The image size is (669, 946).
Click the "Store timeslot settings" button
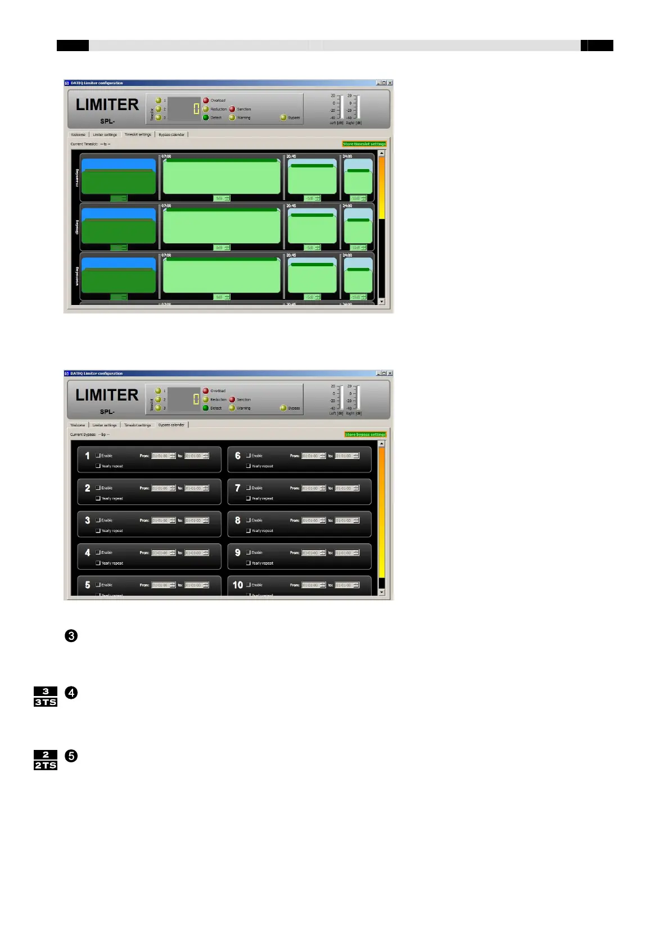coord(364,144)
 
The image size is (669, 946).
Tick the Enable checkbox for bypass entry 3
coord(98,520)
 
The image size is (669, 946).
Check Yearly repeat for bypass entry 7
coord(248,498)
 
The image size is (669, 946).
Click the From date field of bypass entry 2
coord(160,488)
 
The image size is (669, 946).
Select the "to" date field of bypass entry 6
coord(343,456)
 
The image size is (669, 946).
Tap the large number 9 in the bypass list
coord(238,553)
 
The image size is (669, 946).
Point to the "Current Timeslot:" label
coord(84,144)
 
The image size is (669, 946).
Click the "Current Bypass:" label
coord(83,434)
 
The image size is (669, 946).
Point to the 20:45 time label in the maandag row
coord(291,157)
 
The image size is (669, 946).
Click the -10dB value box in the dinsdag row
coord(356,248)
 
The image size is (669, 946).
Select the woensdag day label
coord(77,276)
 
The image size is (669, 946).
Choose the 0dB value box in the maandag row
coord(219,198)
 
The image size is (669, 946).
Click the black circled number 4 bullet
coord(71,693)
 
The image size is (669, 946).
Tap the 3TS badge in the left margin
coord(46,702)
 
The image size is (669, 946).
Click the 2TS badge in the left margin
coord(46,765)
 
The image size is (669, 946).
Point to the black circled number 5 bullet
coord(71,756)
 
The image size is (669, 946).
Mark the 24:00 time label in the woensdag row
coord(347,256)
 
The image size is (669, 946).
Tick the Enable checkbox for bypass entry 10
coord(248,585)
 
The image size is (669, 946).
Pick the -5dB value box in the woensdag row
coord(310,297)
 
